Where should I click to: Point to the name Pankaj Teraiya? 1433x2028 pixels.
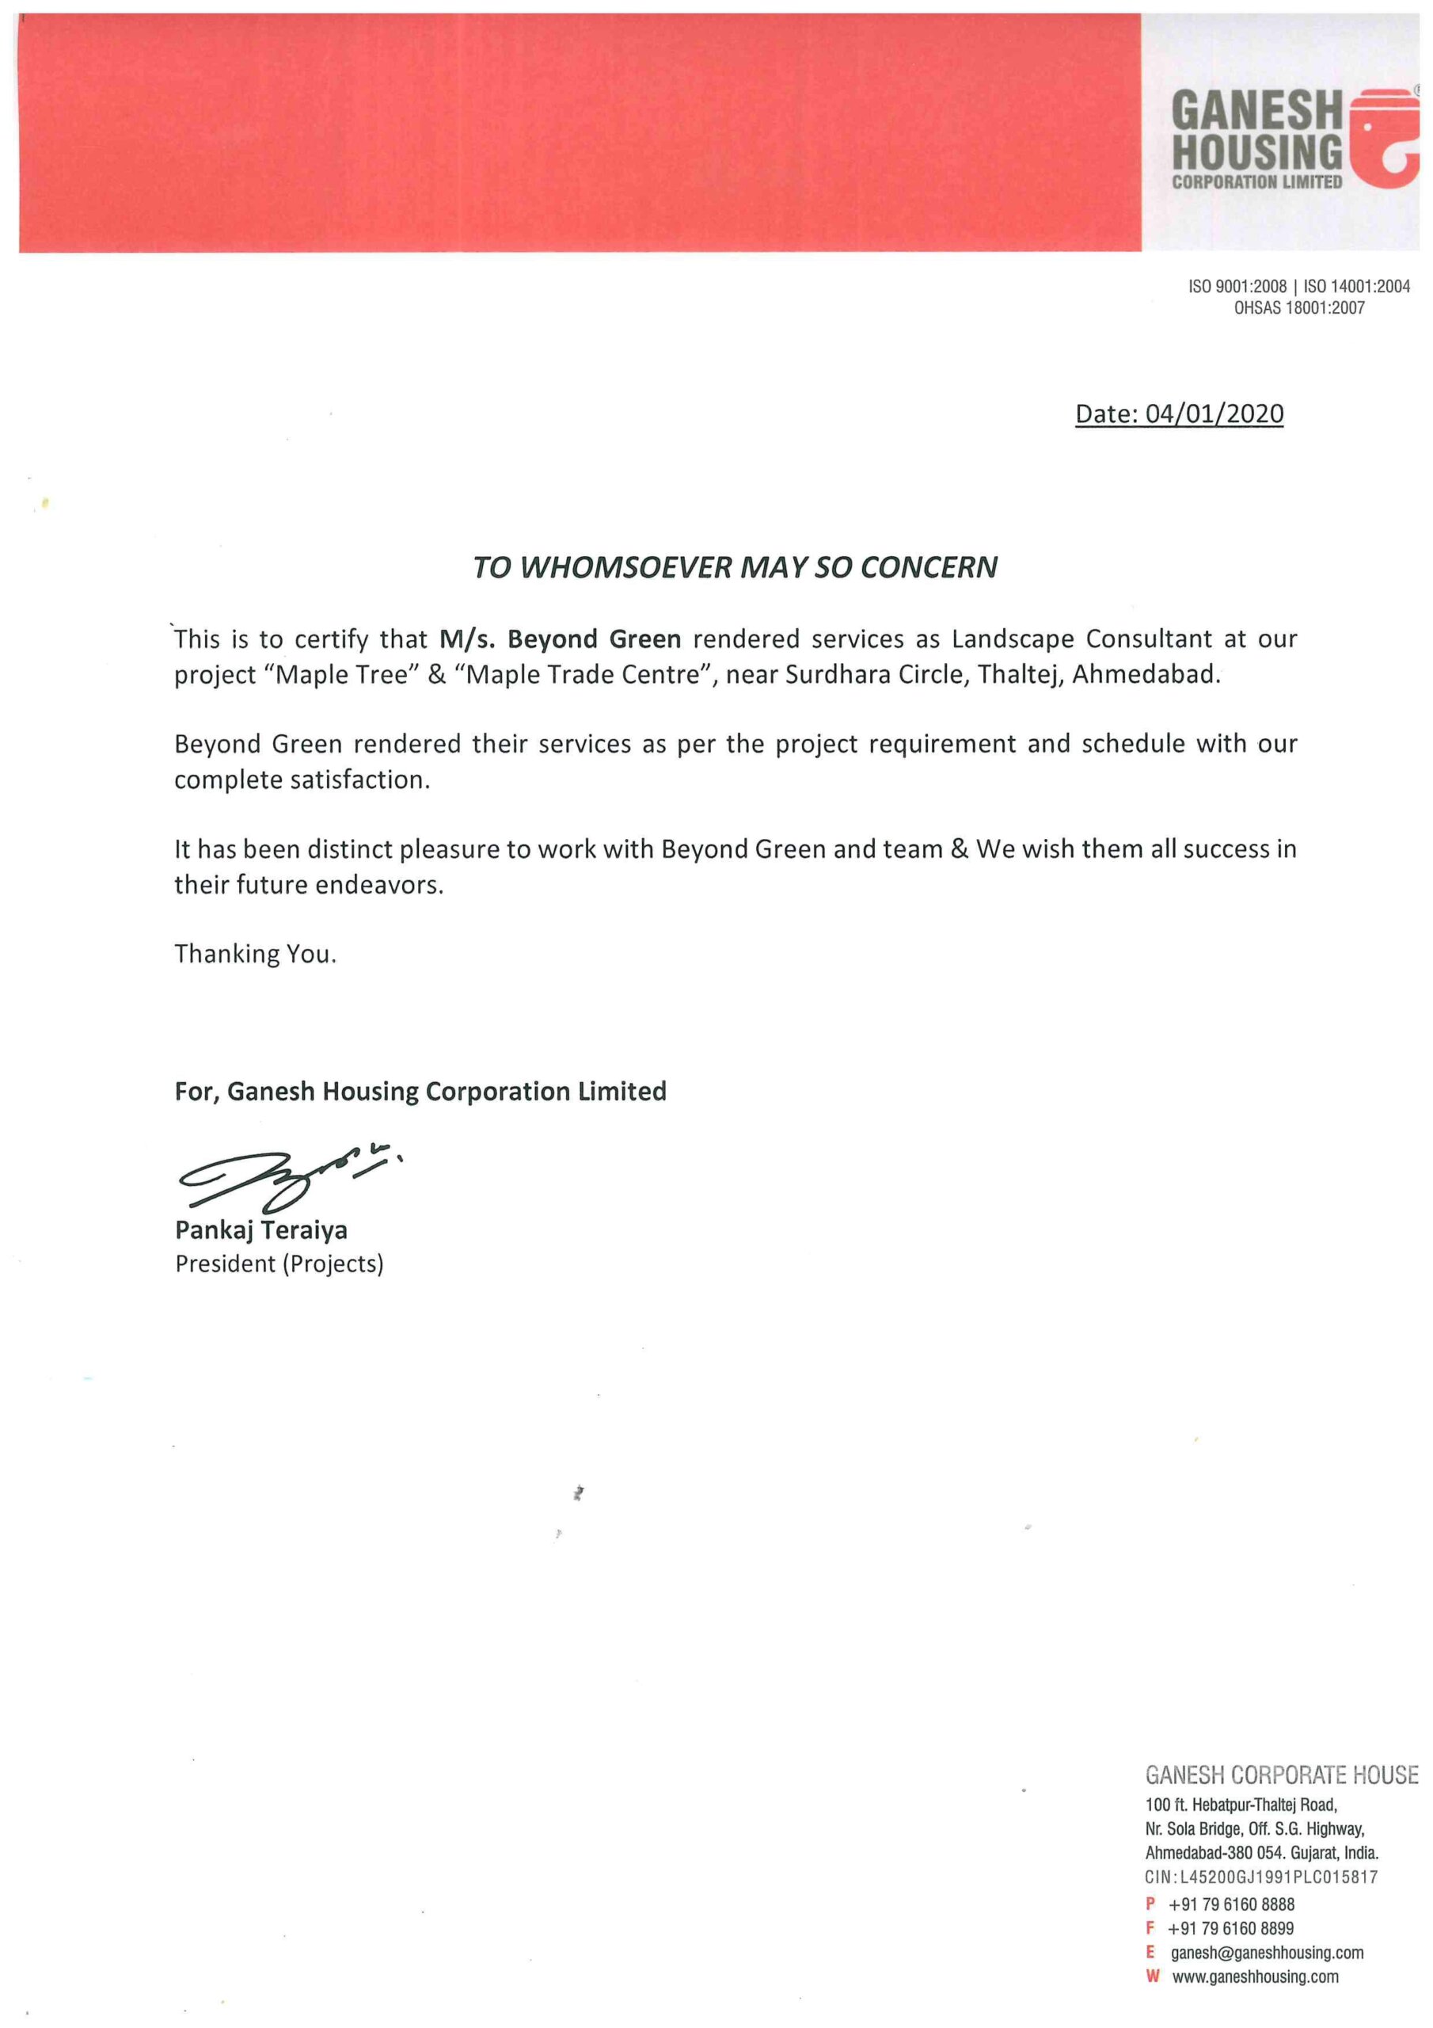click(261, 1229)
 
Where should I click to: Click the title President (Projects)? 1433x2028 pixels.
click(279, 1264)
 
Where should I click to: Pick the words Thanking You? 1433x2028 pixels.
click(255, 954)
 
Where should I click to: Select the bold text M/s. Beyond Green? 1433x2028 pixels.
click(560, 639)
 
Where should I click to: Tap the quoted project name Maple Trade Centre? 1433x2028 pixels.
click(582, 675)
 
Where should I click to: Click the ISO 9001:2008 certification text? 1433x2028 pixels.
click(1237, 286)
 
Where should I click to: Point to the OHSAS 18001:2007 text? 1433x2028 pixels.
click(1298, 308)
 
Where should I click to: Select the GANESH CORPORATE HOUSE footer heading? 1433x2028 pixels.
click(1281, 1774)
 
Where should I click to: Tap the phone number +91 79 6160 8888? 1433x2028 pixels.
click(1231, 1904)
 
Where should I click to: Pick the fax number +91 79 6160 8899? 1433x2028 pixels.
click(1231, 1928)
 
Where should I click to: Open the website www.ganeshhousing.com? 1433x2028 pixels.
click(1255, 1976)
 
